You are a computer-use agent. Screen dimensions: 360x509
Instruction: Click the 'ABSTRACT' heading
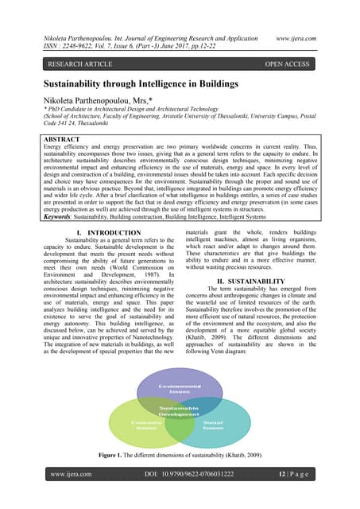69,138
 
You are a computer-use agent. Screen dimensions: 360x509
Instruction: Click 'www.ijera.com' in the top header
304,37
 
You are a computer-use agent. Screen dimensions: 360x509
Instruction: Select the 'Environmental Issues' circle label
180,389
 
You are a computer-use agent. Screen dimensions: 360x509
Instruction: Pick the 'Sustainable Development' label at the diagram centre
180,410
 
